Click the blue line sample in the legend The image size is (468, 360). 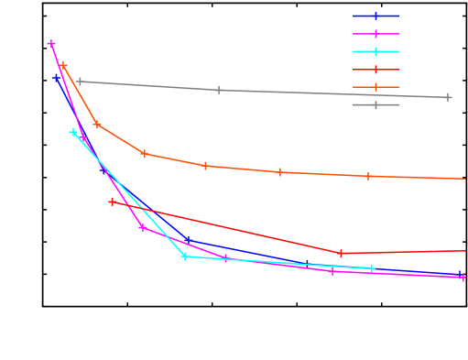376,16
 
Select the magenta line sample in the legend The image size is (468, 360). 376,33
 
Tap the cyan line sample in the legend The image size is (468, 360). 376,51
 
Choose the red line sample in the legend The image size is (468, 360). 376,70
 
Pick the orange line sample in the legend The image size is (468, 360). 376,87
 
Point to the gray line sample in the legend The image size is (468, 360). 376,104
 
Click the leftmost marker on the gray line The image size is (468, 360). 80,82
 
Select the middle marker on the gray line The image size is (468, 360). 218,90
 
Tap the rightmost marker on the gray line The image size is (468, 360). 448,97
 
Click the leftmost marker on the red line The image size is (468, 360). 112,202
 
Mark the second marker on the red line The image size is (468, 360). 341,253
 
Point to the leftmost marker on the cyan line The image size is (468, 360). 74,132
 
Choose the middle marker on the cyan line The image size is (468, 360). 184,256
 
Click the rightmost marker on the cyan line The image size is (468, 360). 372,268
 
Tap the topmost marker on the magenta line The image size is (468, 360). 51,43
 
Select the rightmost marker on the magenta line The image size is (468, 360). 463,277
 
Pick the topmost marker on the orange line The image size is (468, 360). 63,66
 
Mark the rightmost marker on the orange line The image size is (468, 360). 368,176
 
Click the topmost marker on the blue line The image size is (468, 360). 57,77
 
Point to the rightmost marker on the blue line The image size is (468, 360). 460,274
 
